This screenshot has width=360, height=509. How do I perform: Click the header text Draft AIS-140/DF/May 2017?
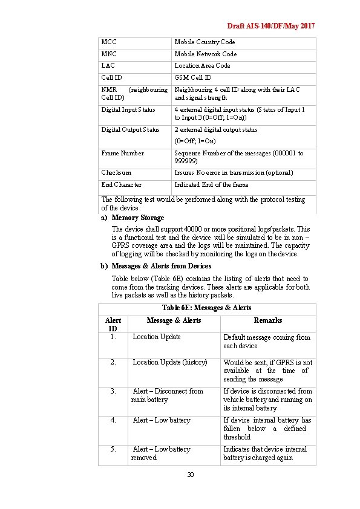[x=270, y=26]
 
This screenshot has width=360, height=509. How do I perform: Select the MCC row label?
[x=109, y=42]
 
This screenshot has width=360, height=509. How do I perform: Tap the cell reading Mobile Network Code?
[x=206, y=54]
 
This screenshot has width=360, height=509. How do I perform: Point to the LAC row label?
[x=108, y=65]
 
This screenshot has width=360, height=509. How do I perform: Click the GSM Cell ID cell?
[x=193, y=77]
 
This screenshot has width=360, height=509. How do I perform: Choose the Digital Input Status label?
[x=128, y=110]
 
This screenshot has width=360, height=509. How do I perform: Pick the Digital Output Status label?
[x=131, y=129]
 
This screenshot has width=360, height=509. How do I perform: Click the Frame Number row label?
[x=123, y=154]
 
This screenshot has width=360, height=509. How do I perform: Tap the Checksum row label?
[x=116, y=173]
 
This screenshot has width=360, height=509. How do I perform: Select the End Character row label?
[x=122, y=185]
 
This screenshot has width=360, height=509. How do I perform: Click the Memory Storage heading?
[x=138, y=218]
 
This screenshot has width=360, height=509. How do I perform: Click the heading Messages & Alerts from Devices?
[x=162, y=266]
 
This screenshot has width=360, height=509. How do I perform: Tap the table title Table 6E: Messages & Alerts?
[x=207, y=308]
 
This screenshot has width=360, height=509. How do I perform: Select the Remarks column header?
[x=267, y=320]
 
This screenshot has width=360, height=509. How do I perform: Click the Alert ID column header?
[x=113, y=324]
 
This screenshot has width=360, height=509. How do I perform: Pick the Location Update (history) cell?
[x=170, y=362]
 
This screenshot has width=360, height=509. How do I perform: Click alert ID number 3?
[x=113, y=391]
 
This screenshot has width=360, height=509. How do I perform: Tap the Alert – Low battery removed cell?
[x=161, y=453]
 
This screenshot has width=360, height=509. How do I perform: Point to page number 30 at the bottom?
[x=190, y=475]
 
